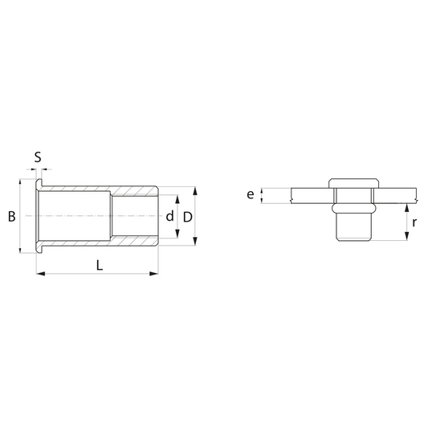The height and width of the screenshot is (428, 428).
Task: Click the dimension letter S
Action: [x=38, y=157]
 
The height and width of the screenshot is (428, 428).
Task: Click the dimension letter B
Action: [x=12, y=217]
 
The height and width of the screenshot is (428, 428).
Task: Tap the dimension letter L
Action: [x=100, y=265]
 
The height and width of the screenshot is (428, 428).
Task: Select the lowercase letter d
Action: [x=169, y=216]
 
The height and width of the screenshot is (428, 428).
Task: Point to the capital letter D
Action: [x=188, y=218]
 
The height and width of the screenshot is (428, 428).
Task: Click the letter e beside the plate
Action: [x=251, y=195]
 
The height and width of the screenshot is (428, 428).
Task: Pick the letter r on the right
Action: [x=414, y=222]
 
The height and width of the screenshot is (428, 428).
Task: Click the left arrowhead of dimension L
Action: [x=41, y=274]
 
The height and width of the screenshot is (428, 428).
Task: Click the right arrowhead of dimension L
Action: [x=154, y=274]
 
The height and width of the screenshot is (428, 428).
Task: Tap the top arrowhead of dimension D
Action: [x=195, y=191]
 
